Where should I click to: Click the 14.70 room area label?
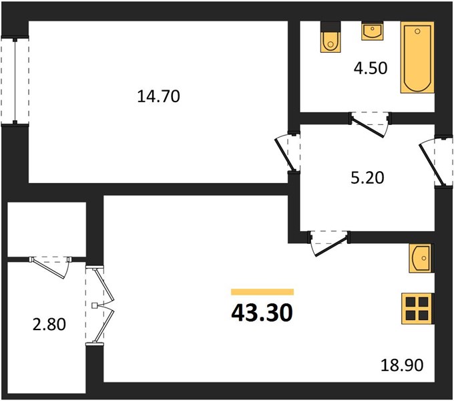click(158, 96)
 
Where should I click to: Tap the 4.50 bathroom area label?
click(371, 68)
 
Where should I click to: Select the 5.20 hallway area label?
click(367, 178)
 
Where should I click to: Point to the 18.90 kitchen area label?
click(402, 365)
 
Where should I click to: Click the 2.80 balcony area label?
click(49, 324)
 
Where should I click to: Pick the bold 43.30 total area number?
click(262, 313)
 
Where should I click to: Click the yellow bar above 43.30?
click(262, 292)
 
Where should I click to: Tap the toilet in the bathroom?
click(330, 37)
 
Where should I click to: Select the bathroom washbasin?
click(373, 31)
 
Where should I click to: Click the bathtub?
click(417, 57)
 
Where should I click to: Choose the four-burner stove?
click(417, 309)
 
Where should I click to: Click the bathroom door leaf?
click(368, 128)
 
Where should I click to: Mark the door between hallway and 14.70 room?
click(284, 155)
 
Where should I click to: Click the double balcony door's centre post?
click(95, 305)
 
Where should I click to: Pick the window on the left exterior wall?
click(15, 81)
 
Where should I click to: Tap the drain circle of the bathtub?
click(417, 31)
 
